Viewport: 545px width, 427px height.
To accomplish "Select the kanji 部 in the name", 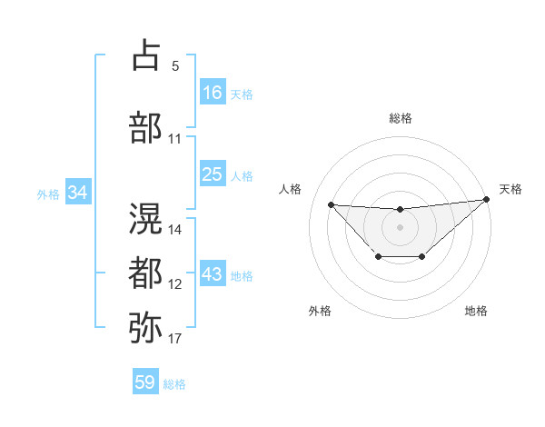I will (145, 127).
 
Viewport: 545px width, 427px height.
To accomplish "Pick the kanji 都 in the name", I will (145, 273).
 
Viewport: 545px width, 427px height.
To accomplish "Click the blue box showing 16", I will (212, 93).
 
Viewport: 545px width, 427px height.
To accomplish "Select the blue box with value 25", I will (212, 175).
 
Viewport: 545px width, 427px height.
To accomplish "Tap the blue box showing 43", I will (212, 275).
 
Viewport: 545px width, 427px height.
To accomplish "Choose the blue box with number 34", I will (78, 193).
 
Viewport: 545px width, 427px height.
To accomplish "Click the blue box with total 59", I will (144, 382).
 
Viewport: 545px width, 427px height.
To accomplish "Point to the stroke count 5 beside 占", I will (175, 66).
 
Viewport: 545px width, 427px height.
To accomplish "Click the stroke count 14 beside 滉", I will (176, 229).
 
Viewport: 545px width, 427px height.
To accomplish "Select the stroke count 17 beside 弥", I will (175, 339).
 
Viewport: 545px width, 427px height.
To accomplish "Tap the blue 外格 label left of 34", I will (48, 194).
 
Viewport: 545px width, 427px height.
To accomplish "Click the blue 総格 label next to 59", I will (174, 384).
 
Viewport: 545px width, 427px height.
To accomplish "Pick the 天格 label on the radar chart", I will (510, 189).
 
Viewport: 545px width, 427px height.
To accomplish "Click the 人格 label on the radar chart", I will (291, 189).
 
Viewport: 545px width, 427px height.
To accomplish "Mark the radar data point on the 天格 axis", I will (487, 200).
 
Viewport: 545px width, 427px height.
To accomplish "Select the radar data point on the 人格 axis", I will (331, 204).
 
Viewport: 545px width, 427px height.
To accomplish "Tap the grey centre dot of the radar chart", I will (400, 226).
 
